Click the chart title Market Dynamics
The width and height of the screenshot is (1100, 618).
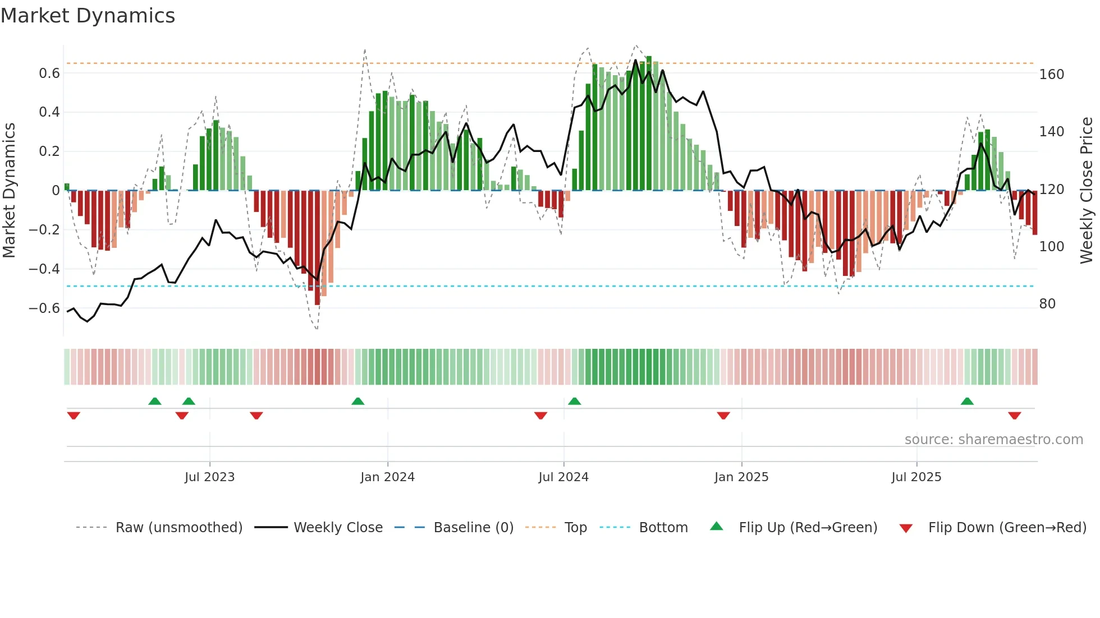coord(88,16)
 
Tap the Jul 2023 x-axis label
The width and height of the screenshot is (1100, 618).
coord(209,477)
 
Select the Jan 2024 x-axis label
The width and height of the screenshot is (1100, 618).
coord(387,477)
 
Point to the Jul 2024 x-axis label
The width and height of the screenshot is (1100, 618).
coord(563,477)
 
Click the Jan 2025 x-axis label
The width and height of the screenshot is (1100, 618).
coord(741,477)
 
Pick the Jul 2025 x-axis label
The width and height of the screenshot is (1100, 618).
coord(916,477)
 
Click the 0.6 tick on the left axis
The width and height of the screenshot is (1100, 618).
coord(49,73)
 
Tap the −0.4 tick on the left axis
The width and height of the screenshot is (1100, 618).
coord(44,269)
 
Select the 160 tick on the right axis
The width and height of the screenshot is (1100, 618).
coord(1052,75)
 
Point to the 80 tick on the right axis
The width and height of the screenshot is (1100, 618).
coord(1047,304)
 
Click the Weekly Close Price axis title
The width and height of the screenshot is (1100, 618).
coord(1087,191)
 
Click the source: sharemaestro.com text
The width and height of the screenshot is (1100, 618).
coord(993,440)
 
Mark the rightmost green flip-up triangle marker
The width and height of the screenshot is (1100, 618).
coord(967,402)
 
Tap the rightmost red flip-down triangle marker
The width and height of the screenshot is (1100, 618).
coord(1014,416)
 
